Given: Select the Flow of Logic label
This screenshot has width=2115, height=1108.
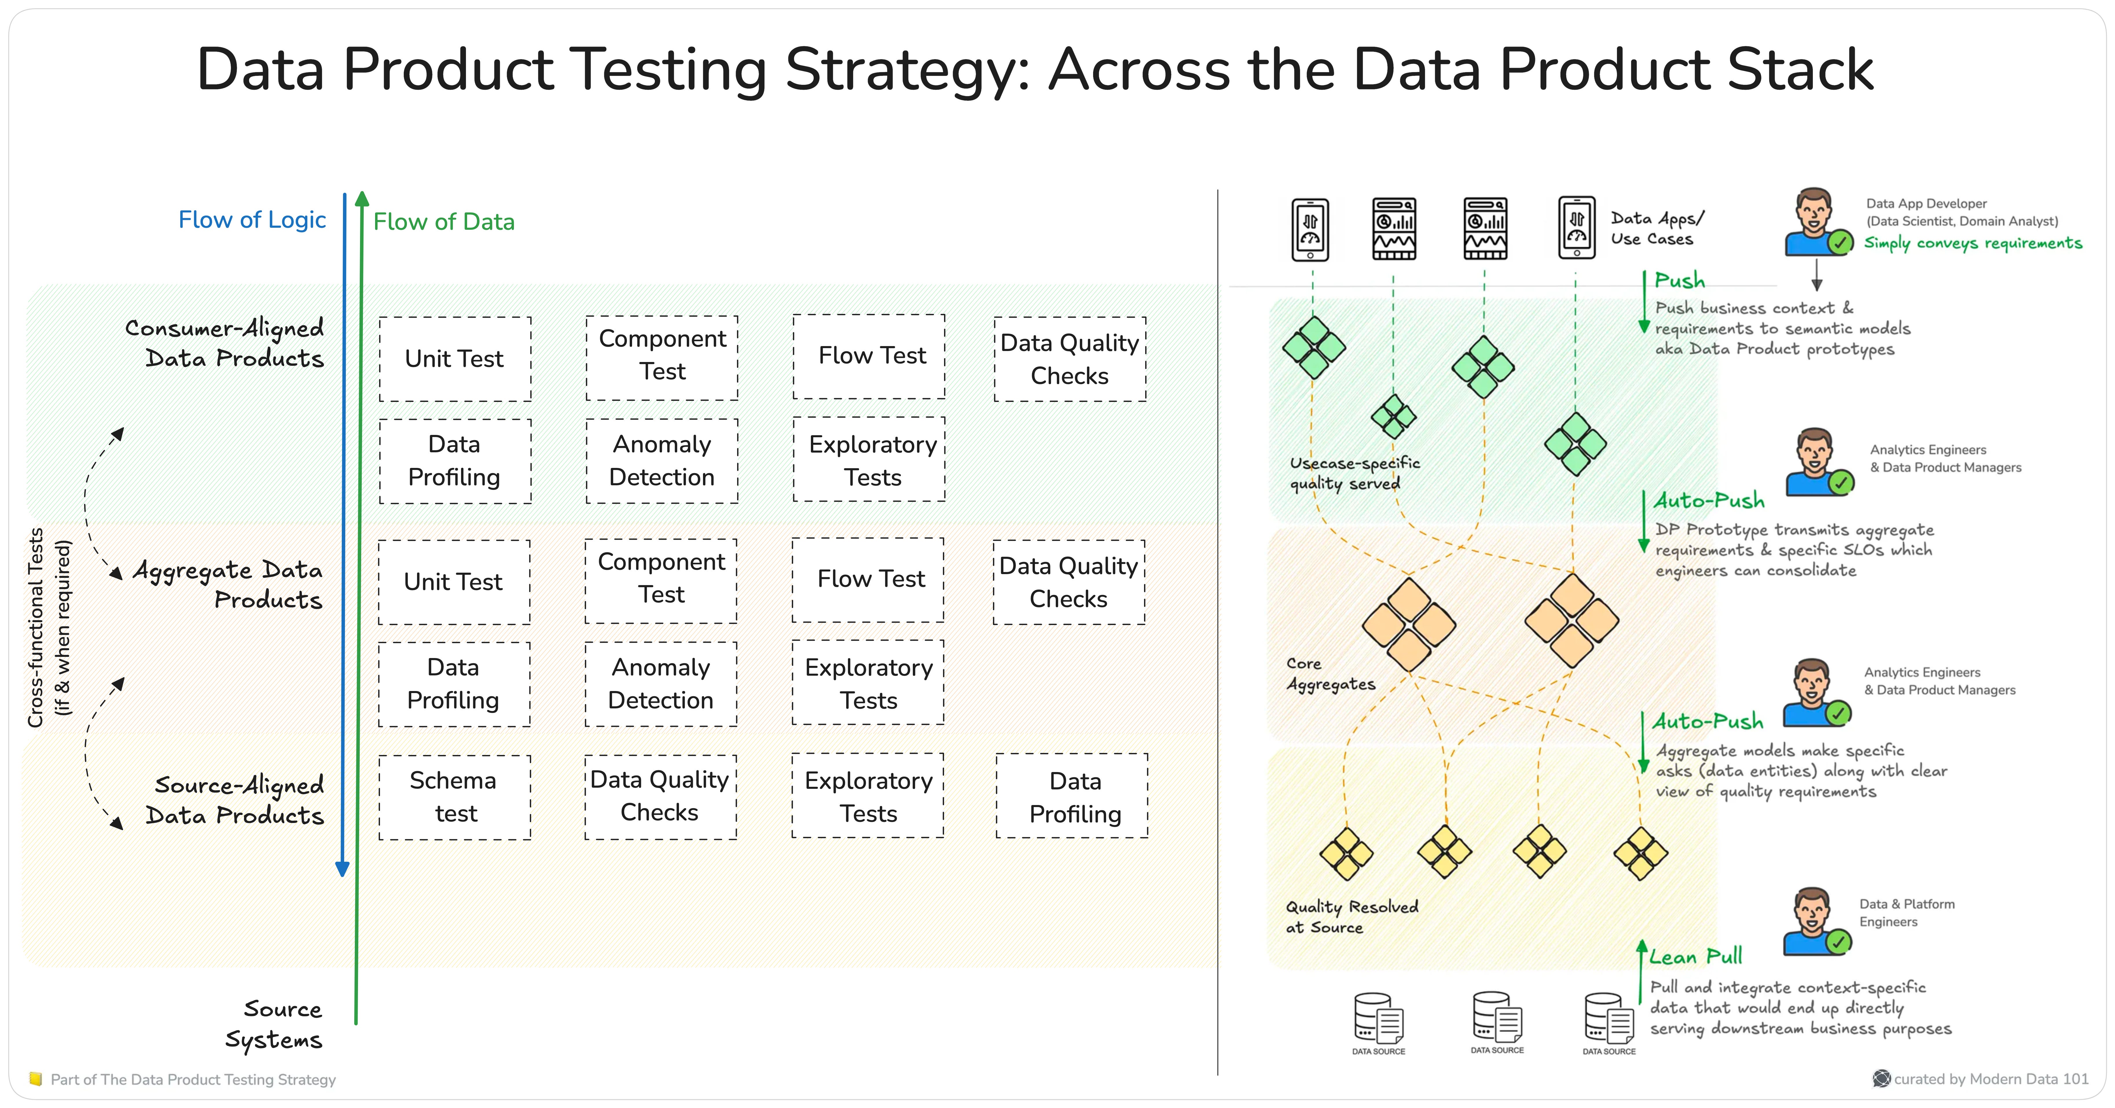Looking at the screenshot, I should tap(252, 220).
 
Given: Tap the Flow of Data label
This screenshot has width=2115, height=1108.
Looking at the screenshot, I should tap(443, 222).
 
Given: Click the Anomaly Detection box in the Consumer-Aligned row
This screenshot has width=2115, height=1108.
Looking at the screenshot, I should tap(662, 460).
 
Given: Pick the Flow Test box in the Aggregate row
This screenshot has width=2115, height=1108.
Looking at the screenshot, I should tap(870, 579).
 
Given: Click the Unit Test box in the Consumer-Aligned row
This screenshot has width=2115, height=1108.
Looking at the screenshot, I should tap(454, 359).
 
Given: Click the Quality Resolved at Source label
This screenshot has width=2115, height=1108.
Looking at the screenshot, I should tap(1351, 917).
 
